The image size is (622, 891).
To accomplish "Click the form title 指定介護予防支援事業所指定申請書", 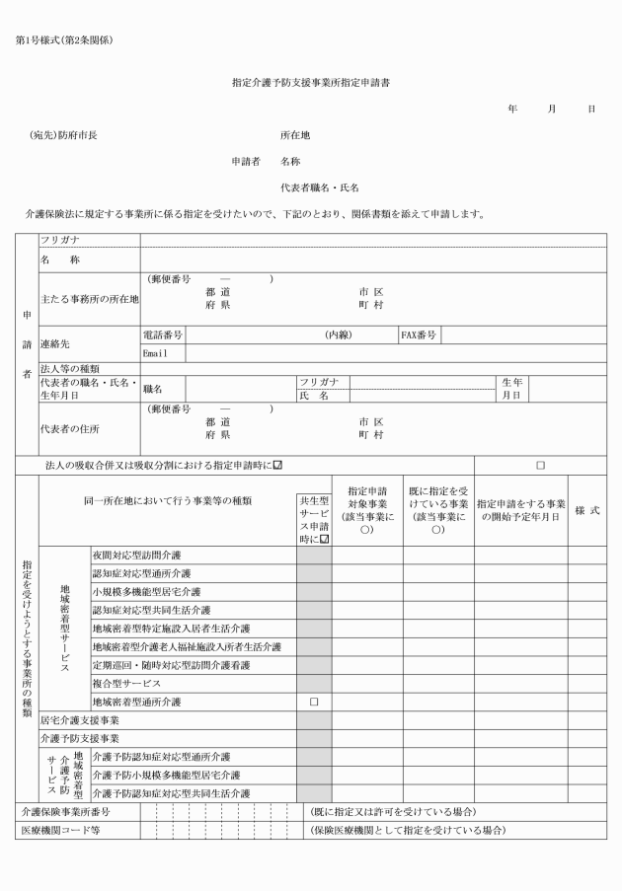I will [310, 85].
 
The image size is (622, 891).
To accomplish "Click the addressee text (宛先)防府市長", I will [64, 135].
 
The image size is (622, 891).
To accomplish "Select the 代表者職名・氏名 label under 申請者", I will [320, 186].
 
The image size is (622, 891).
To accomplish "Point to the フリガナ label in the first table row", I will [60, 240].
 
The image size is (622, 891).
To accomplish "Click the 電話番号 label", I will [163, 335].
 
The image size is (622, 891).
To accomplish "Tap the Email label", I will [158, 352].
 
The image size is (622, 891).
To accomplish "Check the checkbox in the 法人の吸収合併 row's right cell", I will [540, 464].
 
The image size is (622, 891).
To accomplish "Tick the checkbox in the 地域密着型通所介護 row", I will [314, 702].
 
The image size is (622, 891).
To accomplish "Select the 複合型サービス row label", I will [125, 683].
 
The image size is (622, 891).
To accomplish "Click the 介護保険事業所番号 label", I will [64, 811].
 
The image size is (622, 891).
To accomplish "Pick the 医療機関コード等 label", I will [61, 830].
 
